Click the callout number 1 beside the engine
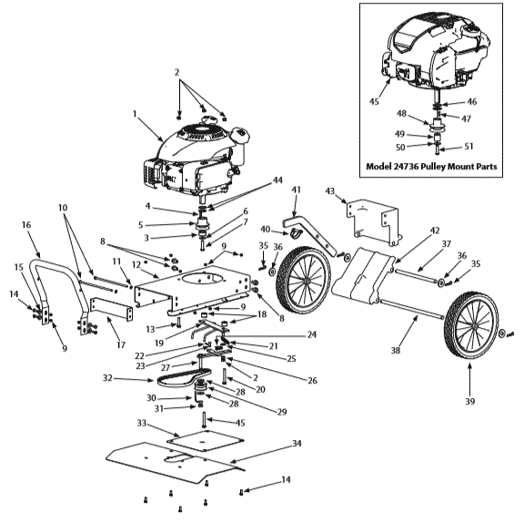click(x=134, y=115)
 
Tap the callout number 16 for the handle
click(x=25, y=223)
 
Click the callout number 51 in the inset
click(x=470, y=145)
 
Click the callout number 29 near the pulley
click(x=281, y=413)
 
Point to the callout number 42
click(x=410, y=230)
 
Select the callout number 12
click(x=135, y=265)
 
